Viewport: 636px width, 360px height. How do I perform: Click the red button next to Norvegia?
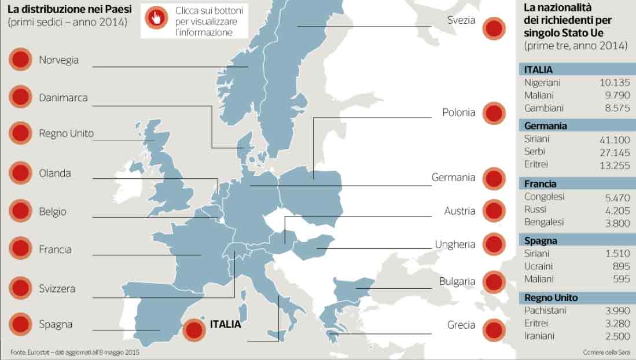pyautogui.click(x=20, y=60)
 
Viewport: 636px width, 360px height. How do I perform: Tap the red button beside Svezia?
pyautogui.click(x=494, y=28)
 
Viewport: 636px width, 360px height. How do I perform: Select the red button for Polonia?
pyautogui.click(x=494, y=113)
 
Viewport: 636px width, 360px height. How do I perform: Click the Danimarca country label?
pyautogui.click(x=63, y=98)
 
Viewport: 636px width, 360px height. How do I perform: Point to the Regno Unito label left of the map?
pyautogui.click(x=66, y=133)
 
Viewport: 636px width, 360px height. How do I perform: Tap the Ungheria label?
pyautogui.click(x=455, y=244)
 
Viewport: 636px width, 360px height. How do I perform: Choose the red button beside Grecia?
pyautogui.click(x=494, y=329)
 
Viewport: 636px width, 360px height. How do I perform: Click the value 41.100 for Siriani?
pyautogui.click(x=615, y=139)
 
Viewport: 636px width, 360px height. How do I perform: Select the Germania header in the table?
pyautogui.click(x=545, y=126)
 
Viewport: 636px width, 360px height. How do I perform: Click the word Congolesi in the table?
pyautogui.click(x=544, y=197)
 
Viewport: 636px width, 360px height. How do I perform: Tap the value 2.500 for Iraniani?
pyautogui.click(x=617, y=336)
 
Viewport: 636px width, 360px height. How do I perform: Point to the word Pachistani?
pyautogui.click(x=545, y=311)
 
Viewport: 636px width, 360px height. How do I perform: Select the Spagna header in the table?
pyautogui.click(x=541, y=241)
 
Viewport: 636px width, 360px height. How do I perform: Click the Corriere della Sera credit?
pyautogui.click(x=606, y=352)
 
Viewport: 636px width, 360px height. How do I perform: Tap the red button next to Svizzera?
pyautogui.click(x=20, y=288)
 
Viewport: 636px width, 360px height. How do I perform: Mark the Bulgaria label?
pyautogui.click(x=457, y=282)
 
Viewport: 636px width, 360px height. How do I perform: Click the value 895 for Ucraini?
pyautogui.click(x=620, y=266)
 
